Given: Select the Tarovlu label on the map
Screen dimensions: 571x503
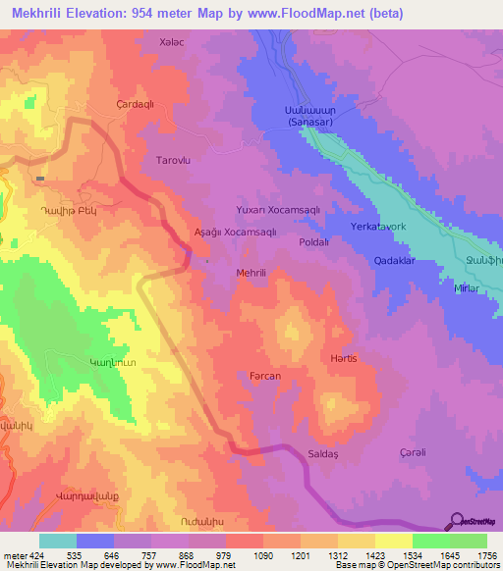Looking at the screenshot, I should click(173, 158).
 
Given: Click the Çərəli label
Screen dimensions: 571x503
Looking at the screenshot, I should click(413, 451).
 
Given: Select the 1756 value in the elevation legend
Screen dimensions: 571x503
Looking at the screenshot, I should click(486, 556).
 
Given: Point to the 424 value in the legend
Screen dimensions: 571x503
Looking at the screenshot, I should click(38, 556).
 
